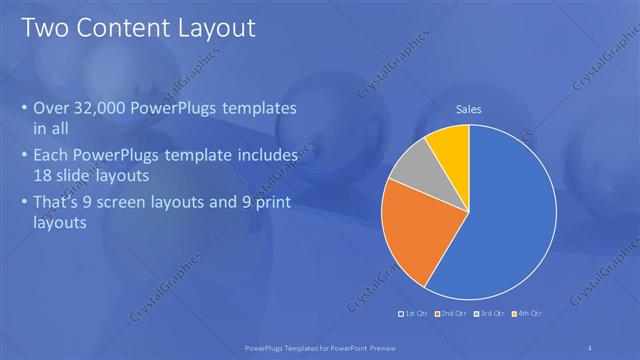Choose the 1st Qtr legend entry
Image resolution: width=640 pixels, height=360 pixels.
[417, 315]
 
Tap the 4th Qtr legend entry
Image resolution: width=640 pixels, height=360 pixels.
[526, 315]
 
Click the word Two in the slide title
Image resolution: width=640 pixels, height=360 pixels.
[45, 27]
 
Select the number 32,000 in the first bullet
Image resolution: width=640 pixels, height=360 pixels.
[112, 109]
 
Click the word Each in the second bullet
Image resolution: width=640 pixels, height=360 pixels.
[51, 156]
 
